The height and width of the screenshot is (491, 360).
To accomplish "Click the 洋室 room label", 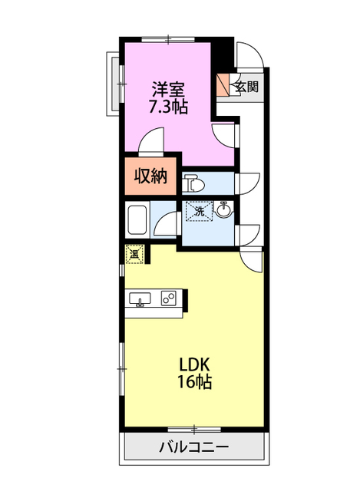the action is click(168, 90).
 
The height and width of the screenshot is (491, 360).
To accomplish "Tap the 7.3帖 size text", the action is click(168, 107).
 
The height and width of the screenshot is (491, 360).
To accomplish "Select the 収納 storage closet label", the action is click(150, 176).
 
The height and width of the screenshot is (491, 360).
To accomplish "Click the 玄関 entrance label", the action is click(247, 87).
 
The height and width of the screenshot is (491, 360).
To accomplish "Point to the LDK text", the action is click(194, 364).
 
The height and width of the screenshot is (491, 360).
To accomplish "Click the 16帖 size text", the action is click(194, 382).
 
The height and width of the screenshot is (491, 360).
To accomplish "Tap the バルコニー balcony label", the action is click(194, 447).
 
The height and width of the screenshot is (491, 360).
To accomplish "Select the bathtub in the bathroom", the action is click(137, 219).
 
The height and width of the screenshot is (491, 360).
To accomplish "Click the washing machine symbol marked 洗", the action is click(200, 212).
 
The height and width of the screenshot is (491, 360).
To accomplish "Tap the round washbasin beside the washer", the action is click(223, 209).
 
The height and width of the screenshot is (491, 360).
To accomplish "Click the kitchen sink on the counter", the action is click(140, 298).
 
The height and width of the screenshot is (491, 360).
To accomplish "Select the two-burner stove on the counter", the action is click(169, 298).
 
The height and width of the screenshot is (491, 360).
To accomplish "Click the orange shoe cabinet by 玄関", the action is click(223, 85).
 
